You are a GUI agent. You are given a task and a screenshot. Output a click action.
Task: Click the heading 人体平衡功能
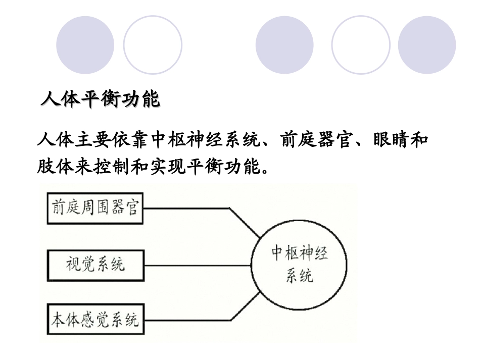(x=100, y=99)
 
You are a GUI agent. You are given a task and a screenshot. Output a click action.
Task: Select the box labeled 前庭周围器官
(x=95, y=208)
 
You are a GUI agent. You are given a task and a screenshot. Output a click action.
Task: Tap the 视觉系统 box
(x=95, y=264)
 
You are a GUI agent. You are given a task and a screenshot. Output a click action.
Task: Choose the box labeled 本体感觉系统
(x=95, y=320)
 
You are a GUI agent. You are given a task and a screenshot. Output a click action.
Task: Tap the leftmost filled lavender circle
(x=85, y=45)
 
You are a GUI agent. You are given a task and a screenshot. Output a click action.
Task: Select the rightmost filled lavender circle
(x=427, y=45)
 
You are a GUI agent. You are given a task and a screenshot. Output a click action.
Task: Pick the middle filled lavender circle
(x=284, y=45)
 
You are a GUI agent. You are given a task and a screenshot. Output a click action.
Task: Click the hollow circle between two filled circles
(x=361, y=45)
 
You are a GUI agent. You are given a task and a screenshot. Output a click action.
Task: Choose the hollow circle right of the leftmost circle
(x=153, y=45)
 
